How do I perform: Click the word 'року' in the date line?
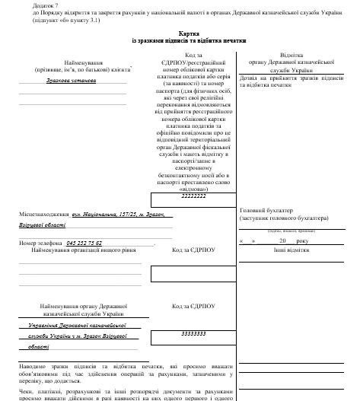[x=303, y=240]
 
